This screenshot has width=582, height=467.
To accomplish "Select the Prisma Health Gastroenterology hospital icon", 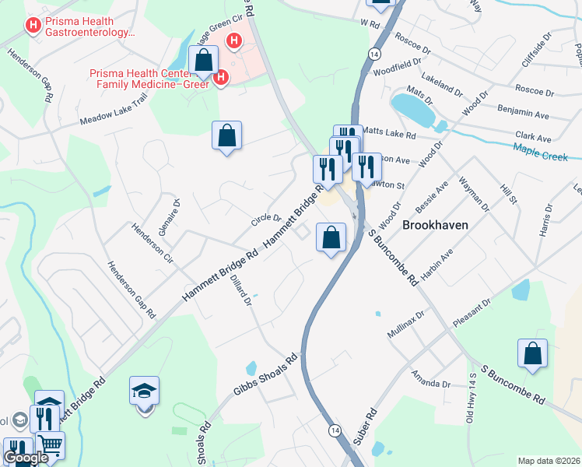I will tap(33, 26).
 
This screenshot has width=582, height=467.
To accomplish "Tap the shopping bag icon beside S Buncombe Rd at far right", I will tap(533, 353).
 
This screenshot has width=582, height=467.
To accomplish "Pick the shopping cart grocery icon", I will tap(51, 445).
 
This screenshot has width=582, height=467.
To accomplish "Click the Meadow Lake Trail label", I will tap(114, 111).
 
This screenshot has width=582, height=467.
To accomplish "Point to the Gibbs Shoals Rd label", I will tap(266, 377).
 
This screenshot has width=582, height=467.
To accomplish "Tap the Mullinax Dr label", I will tap(406, 325).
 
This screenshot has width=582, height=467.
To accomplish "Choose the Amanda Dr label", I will tap(432, 379).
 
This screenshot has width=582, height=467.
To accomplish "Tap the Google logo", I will tap(26, 458).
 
